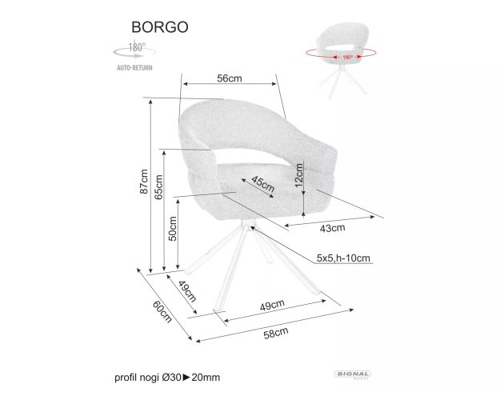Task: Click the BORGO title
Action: coord(160,27)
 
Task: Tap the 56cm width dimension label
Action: coord(230,78)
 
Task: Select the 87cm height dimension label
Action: coord(144,182)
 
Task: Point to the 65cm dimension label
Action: coord(158,187)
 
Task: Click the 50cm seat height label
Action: coord(173,228)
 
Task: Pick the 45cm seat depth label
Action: coord(262,184)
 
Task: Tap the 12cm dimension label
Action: coord(298,175)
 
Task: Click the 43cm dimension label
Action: coord(332,228)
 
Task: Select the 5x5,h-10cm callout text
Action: coord(343,258)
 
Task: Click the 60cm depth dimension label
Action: coord(162,312)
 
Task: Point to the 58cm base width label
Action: coord(276,333)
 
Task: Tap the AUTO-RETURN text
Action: coord(134,68)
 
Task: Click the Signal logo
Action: coord(352,374)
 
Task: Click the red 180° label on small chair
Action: coord(347,57)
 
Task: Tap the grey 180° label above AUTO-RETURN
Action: coord(137,47)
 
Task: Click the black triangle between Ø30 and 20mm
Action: coord(186,378)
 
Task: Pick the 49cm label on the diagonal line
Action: coord(187,291)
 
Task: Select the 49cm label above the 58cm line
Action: coord(272,306)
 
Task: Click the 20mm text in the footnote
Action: coord(206,378)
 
